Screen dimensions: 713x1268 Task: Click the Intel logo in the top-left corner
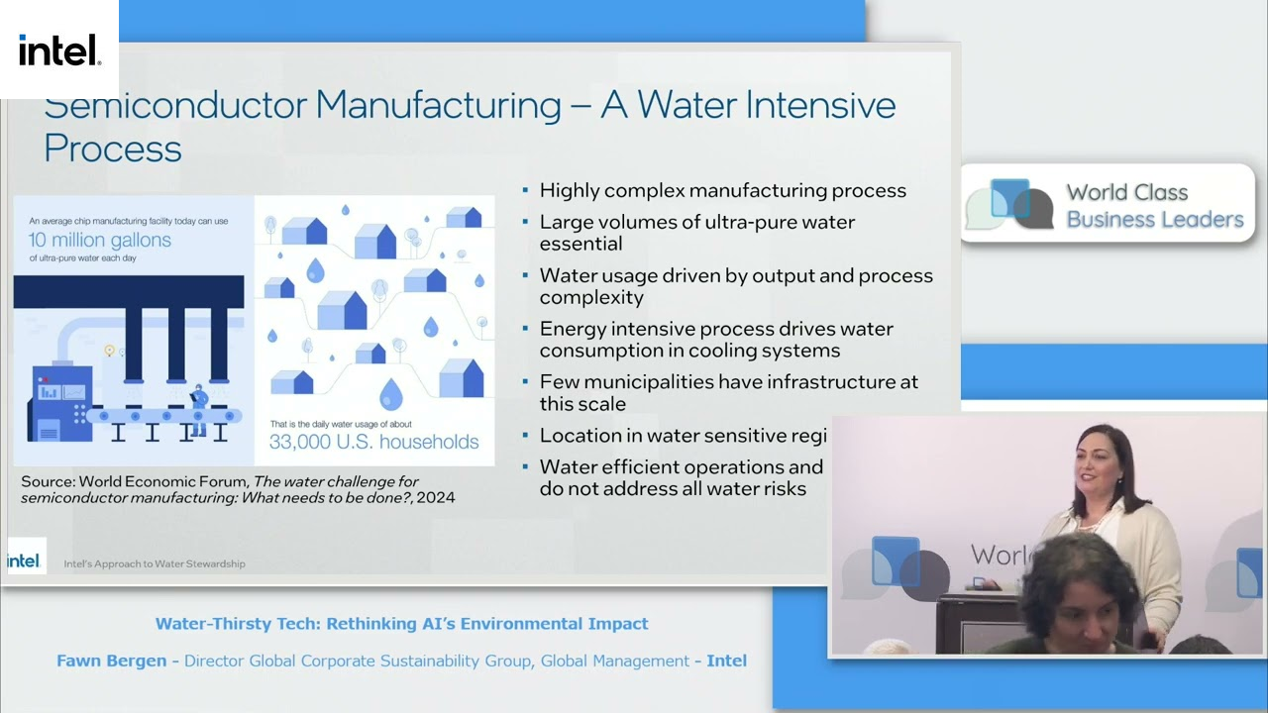59,50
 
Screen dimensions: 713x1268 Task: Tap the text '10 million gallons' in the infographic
99,240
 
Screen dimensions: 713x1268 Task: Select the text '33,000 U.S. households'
373,442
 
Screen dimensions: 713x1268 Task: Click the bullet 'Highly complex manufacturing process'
722,190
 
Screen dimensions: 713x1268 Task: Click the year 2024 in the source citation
436,497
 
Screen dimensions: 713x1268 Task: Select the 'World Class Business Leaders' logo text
1153,206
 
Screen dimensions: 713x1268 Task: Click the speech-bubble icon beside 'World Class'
1008,204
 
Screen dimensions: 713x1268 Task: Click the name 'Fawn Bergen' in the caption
111,661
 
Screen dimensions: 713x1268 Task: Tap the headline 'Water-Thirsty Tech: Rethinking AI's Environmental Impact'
401,624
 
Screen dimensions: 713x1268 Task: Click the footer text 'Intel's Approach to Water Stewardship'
155,563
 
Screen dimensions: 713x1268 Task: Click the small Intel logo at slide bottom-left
24,560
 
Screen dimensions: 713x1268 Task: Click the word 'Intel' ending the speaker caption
726,661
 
